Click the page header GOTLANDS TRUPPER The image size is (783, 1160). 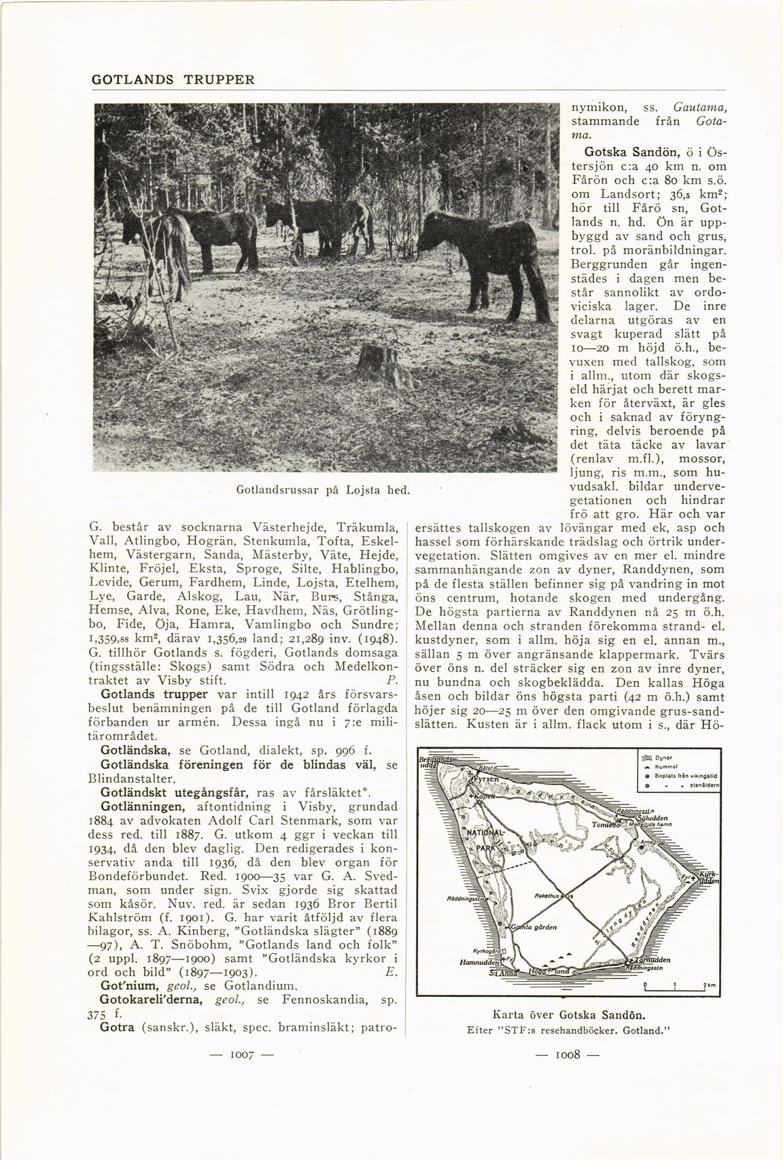tap(173, 79)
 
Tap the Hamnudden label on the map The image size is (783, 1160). tap(479, 963)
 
